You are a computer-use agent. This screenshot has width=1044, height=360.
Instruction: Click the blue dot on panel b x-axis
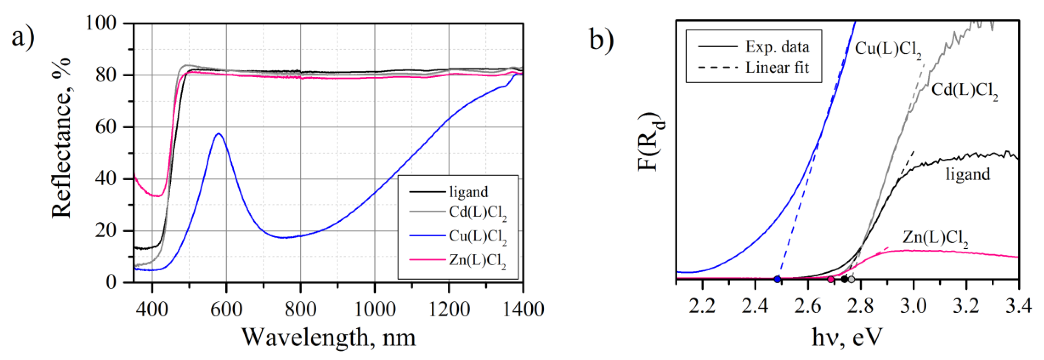pos(777,279)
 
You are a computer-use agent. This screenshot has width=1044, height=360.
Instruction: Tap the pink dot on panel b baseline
pos(830,279)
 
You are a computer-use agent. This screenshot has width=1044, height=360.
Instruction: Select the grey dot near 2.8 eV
pos(851,279)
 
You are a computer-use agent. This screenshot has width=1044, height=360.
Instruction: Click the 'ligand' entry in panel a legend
pos(468,192)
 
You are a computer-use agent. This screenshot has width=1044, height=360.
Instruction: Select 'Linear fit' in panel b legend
pos(777,68)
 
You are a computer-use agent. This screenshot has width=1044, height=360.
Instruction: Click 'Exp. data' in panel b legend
pos(777,47)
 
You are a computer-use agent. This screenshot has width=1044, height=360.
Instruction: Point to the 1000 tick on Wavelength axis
pos(374,309)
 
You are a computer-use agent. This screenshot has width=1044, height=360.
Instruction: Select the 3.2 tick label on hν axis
pos(966,305)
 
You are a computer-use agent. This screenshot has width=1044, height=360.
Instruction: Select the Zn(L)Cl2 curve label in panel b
pos(935,238)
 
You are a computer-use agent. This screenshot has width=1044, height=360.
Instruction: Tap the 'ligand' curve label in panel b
pos(968,174)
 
